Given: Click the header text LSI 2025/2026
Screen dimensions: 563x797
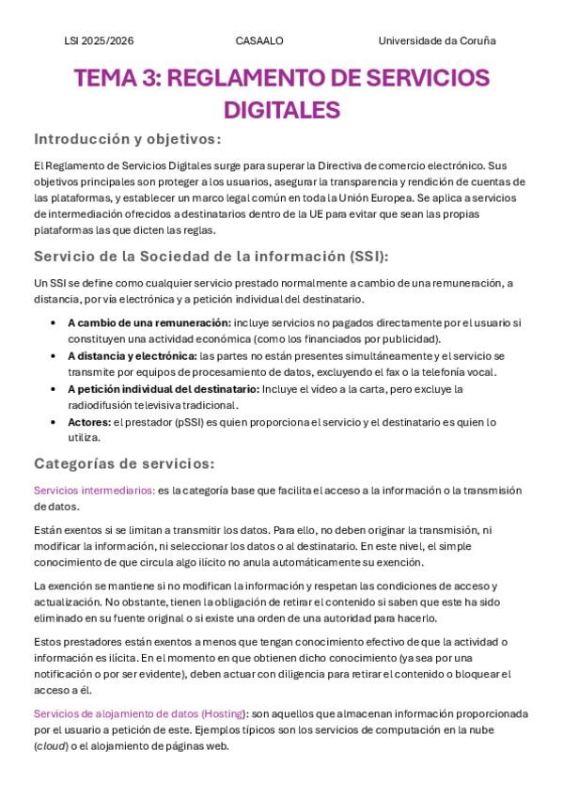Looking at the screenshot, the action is (99, 40).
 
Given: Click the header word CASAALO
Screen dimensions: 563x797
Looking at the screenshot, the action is (259, 40).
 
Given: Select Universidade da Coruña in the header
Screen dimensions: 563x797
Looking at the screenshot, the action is (437, 40).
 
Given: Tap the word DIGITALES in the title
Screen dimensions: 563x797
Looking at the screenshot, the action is (281, 110).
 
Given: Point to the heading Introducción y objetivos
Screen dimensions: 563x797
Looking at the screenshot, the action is (127, 139).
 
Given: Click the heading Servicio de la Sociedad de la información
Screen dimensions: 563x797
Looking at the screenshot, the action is (211, 257).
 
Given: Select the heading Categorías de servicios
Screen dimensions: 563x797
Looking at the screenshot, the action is (124, 463).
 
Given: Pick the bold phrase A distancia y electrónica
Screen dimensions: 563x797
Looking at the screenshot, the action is (133, 355).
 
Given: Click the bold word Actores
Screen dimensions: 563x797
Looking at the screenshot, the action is (87, 422).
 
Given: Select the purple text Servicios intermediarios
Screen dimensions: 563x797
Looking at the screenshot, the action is (94, 490).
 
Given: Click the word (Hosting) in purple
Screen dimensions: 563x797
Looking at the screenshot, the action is (223, 714).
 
